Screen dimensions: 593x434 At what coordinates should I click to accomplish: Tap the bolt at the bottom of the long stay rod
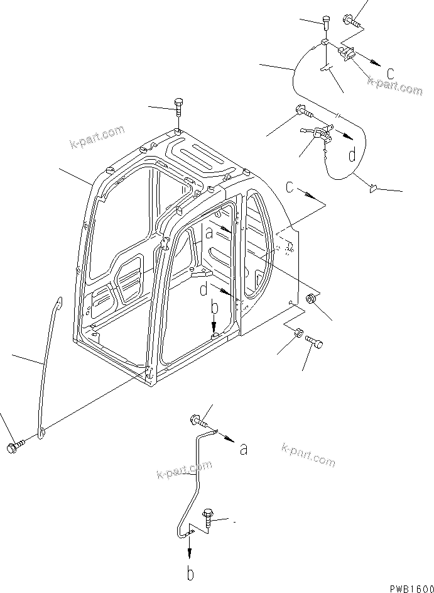(14, 447)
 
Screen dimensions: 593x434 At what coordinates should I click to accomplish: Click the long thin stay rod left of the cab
(48, 365)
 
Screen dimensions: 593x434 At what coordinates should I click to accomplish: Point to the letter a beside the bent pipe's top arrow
(243, 448)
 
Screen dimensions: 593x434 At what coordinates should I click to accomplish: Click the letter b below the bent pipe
(190, 574)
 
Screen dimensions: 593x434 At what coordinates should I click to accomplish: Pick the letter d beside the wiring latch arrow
(353, 153)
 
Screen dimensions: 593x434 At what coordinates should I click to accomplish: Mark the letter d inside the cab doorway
(204, 291)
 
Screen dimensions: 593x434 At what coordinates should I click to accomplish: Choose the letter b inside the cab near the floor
(214, 308)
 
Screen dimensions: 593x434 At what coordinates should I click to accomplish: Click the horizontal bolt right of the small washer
(315, 341)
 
